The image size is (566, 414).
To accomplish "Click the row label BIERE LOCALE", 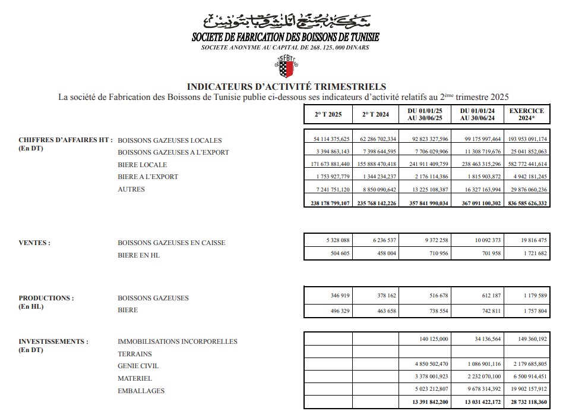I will tap(143, 165).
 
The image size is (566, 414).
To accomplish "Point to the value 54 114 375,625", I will tap(328, 139).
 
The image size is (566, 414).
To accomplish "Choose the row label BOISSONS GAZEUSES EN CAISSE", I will tap(172, 243).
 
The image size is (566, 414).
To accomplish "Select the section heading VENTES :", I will tap(34, 243).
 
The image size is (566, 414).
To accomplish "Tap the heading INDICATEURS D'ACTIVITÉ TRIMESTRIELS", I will tap(286, 87).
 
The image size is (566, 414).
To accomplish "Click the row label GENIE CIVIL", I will tap(138, 366).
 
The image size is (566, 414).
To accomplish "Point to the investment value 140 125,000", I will tap(426, 338).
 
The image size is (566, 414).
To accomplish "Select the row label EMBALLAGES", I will tap(141, 391).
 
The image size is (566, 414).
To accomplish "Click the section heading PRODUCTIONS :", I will tap(46, 298).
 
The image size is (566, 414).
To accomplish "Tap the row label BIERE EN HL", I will tap(139, 255).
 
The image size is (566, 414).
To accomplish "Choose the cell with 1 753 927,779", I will tap(328, 177).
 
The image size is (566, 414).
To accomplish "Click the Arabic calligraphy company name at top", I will tap(286, 23).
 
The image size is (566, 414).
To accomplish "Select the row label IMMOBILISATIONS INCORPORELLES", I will tap(178, 341).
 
